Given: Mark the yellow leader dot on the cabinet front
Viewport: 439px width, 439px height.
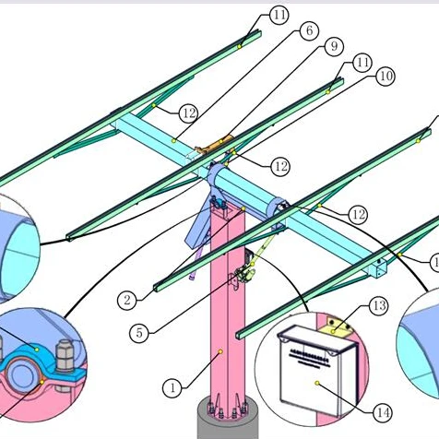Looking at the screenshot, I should (316, 380).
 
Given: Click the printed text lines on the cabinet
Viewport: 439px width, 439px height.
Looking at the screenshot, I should (309, 351).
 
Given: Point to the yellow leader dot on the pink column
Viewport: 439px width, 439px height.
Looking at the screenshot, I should (221, 351).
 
